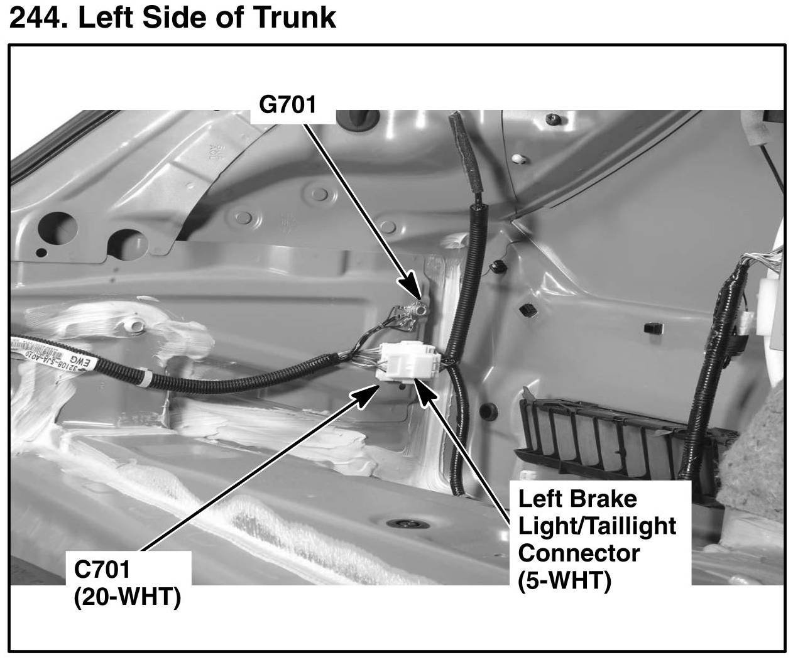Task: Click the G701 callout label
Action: click(287, 104)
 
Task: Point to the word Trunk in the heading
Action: click(295, 17)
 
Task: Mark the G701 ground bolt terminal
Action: click(415, 308)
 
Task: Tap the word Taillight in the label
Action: click(628, 526)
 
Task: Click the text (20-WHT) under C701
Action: click(127, 597)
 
